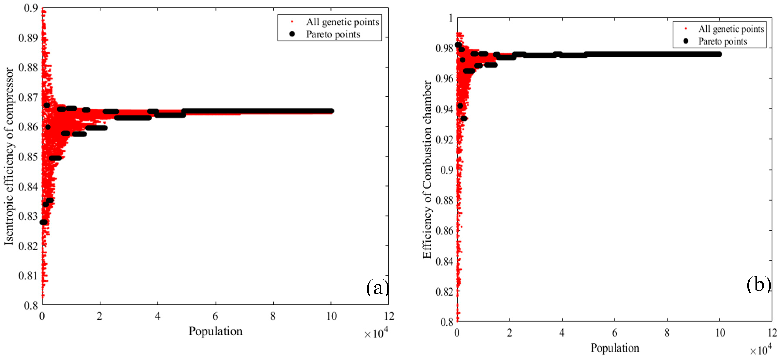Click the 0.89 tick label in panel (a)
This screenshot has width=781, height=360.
pos(28,38)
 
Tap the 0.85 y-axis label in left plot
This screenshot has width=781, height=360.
pos(28,157)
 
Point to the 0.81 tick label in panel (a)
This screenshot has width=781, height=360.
pos(28,275)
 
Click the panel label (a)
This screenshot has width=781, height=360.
pos(377,287)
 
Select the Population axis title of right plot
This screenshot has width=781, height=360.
pos(615,348)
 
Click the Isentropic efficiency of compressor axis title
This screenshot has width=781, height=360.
pos(9,156)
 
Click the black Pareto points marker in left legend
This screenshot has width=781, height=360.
pos(292,34)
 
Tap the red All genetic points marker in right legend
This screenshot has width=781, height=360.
pos(686,29)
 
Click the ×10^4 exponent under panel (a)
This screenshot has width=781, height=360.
pos(376,334)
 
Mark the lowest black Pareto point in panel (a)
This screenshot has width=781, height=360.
pos(43,222)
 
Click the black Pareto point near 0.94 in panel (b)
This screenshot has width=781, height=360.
pos(460,106)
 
